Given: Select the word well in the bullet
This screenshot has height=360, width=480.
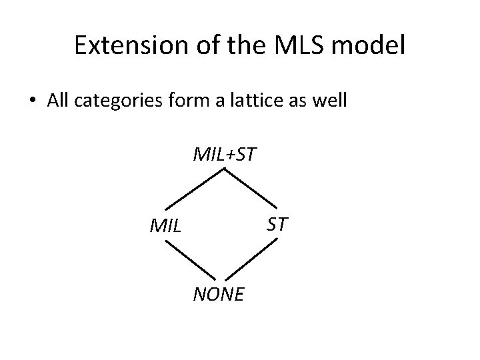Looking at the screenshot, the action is pos(329,101).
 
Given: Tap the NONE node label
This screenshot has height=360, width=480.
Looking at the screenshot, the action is pos(219,293).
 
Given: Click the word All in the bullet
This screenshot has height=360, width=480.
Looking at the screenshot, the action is pos(58,101).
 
